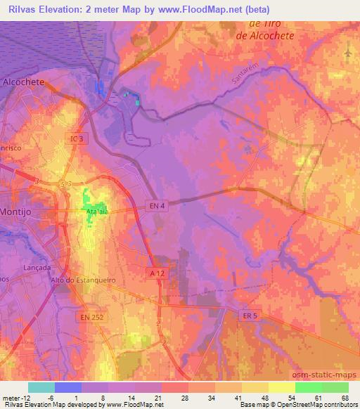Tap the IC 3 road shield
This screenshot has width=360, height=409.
pyautogui.click(x=77, y=139)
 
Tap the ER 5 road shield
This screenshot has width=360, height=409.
pyautogui.click(x=248, y=316)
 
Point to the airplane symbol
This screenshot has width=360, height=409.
pyautogui.click(x=349, y=53)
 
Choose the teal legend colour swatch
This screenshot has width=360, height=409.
pyautogui.click(x=41, y=387)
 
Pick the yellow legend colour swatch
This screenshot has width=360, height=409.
pyautogui.click(x=282, y=387)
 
